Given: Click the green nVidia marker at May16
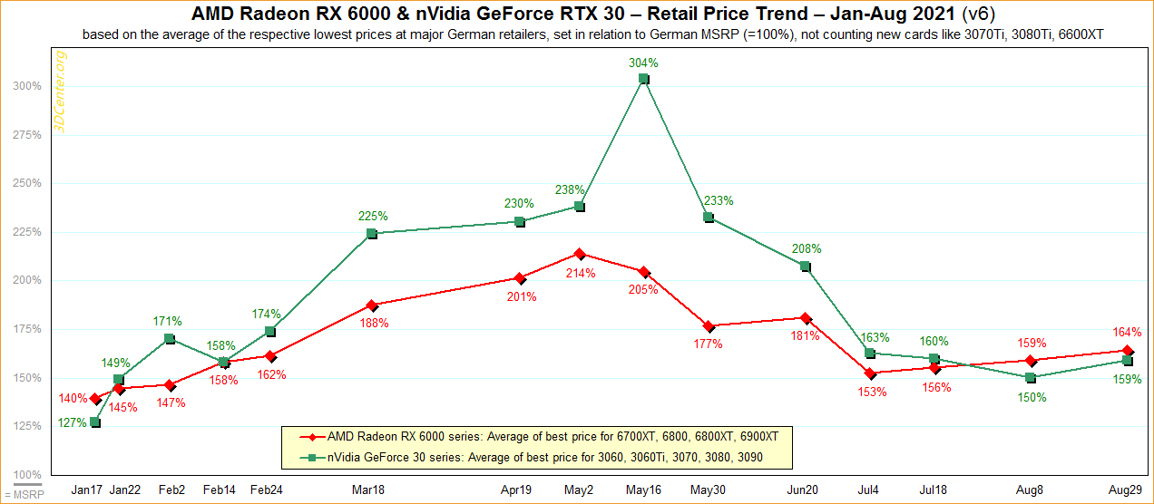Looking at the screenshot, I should (x=643, y=79).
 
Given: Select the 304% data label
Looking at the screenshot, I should (x=642, y=63).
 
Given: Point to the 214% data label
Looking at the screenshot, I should (x=581, y=273).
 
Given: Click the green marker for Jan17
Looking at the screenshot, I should (x=95, y=422).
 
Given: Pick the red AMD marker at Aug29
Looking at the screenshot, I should (x=1128, y=351).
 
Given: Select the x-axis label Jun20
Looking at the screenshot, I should (x=805, y=489).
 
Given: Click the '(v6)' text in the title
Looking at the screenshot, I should (x=940, y=15).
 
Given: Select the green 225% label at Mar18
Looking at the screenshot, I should (x=373, y=216).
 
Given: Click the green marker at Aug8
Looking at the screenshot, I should (x=1030, y=377).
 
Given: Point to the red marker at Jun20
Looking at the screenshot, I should (x=805, y=318).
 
